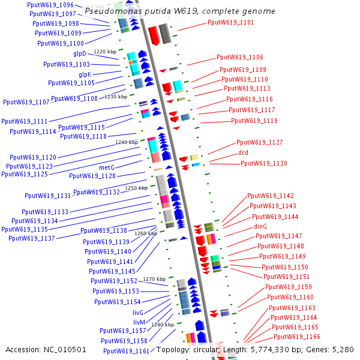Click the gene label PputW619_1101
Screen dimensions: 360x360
(230, 23)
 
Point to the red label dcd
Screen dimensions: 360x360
(243, 153)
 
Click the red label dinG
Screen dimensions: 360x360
(260, 226)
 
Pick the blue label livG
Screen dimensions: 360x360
(138, 313)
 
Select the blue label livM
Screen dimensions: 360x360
(138, 322)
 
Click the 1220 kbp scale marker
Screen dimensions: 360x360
(105, 52)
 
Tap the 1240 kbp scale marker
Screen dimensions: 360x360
(126, 143)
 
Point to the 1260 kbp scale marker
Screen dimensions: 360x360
(145, 233)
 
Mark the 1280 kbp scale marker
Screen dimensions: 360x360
(162, 325)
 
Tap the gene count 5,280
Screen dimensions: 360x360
(343, 349)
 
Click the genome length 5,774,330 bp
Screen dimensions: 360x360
(269, 349)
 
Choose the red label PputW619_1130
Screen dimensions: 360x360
(263, 163)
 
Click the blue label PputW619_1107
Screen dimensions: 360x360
(26, 102)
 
